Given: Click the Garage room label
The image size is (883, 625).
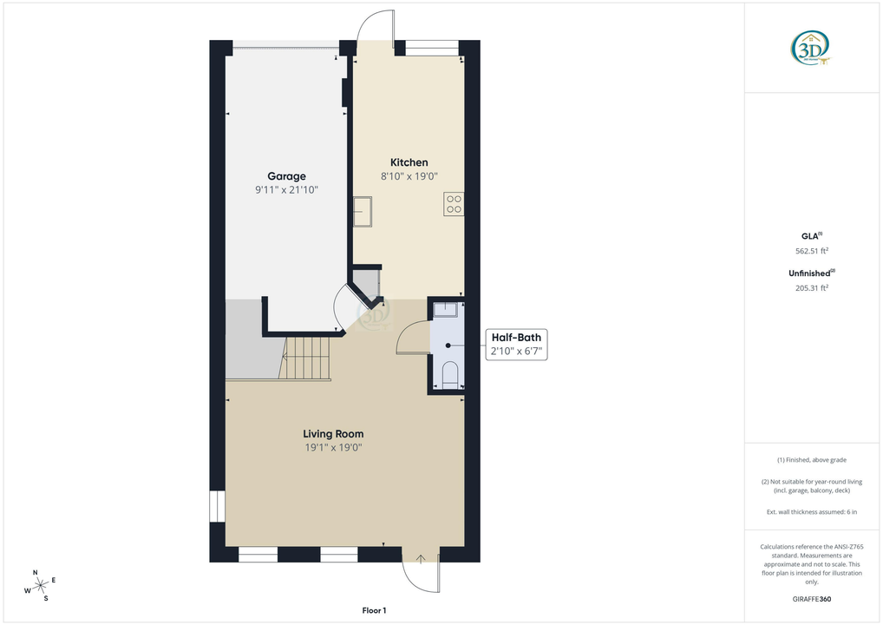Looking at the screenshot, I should coord(286,176).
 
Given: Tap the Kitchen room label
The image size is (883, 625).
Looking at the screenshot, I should coord(409,162).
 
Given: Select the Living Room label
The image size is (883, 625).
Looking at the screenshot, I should coord(333,434).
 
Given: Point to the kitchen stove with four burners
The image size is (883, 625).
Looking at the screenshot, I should coord(454,204).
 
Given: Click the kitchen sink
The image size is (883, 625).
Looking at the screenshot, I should coord(363,211).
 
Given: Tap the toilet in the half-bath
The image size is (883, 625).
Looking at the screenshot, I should coord(449,375).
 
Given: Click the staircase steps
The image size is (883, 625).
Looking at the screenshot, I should coord(308,359).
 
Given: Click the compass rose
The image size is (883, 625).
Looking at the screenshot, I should coord(40,584).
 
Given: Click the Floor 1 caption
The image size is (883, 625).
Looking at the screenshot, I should coord(375,611).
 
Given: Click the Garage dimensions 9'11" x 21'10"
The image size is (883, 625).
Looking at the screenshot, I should coord(286,189).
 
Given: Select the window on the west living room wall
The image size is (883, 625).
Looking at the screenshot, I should coord(217,507).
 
